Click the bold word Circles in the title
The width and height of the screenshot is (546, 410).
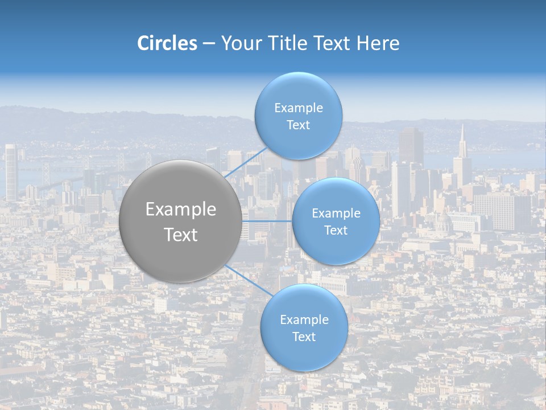pos(167,43)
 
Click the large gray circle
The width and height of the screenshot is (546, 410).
pos(181,221)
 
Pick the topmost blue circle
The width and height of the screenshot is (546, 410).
pos(298,116)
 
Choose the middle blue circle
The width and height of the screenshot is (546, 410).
pos(336,222)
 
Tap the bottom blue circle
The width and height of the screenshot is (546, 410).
pos(304,328)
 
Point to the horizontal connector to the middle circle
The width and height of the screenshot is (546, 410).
pos(267,221)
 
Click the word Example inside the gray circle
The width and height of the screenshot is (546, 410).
pos(181,210)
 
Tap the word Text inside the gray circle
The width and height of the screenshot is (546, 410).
pos(181,235)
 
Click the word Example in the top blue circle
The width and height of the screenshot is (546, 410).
pos(298,108)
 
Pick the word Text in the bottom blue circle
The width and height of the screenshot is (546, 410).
pos(304,337)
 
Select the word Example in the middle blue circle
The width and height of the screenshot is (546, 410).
pos(336,214)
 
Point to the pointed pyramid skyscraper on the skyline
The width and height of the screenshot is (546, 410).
pos(462,154)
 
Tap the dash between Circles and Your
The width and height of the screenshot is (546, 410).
pos(208,43)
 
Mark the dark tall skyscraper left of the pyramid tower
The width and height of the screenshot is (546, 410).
pos(410,146)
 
